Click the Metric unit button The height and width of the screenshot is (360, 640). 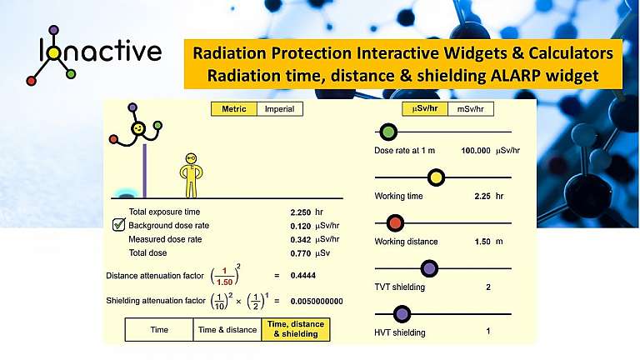pos(233,109)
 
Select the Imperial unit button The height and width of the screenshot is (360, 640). pos(278,109)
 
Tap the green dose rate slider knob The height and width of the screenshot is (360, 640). pos(387,132)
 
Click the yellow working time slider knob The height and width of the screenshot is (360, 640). pos(436,177)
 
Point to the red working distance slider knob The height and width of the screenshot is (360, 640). pos(395,222)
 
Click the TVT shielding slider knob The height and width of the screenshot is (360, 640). pos(429,268)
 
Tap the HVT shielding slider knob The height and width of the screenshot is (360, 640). pos(402,313)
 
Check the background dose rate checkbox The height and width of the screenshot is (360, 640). pos(119,225)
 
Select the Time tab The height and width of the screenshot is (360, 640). pos(159,330)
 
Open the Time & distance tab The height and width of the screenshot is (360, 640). pos(227,330)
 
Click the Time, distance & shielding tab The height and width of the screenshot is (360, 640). pos(296,330)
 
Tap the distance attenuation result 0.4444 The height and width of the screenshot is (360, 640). pos(302,275)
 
